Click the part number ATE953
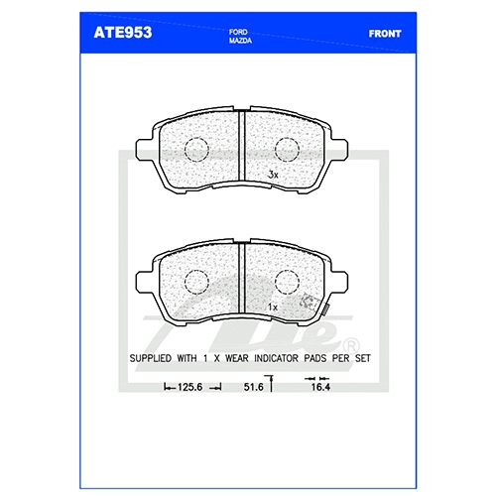click(123, 33)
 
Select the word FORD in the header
click(238, 32)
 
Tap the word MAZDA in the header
click(240, 41)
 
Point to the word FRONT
click(385, 34)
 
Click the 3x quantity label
click(273, 175)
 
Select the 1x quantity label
click(273, 308)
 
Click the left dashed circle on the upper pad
click(196, 150)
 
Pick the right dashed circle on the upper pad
click(287, 150)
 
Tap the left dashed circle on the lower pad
click(196, 282)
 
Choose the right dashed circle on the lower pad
click(287, 282)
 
